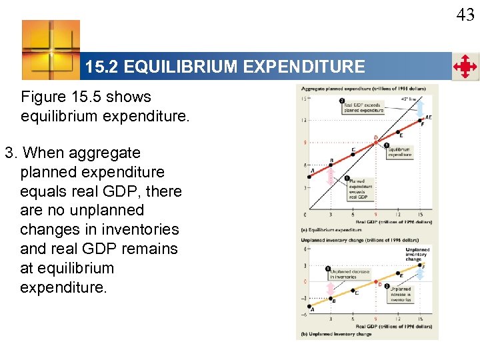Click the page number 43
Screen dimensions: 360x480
click(465, 14)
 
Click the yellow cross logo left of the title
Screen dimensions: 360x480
click(51, 49)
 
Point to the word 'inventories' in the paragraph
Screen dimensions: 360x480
click(143, 229)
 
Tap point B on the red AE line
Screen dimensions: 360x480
click(332, 163)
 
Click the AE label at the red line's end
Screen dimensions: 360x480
click(428, 117)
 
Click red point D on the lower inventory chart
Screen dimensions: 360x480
click(376, 282)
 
